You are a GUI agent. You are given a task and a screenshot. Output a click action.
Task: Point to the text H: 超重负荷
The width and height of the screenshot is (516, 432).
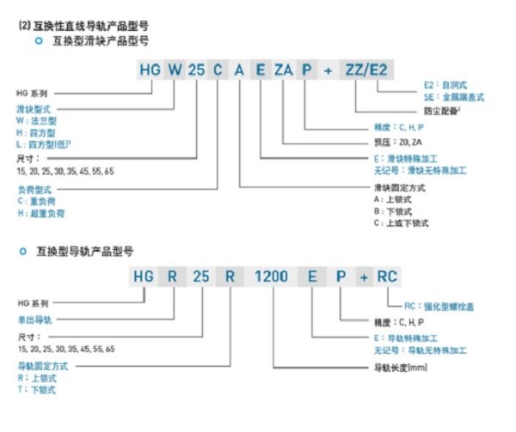[40, 212]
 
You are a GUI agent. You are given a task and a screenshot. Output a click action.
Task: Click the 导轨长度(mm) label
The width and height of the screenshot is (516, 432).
[398, 368]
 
